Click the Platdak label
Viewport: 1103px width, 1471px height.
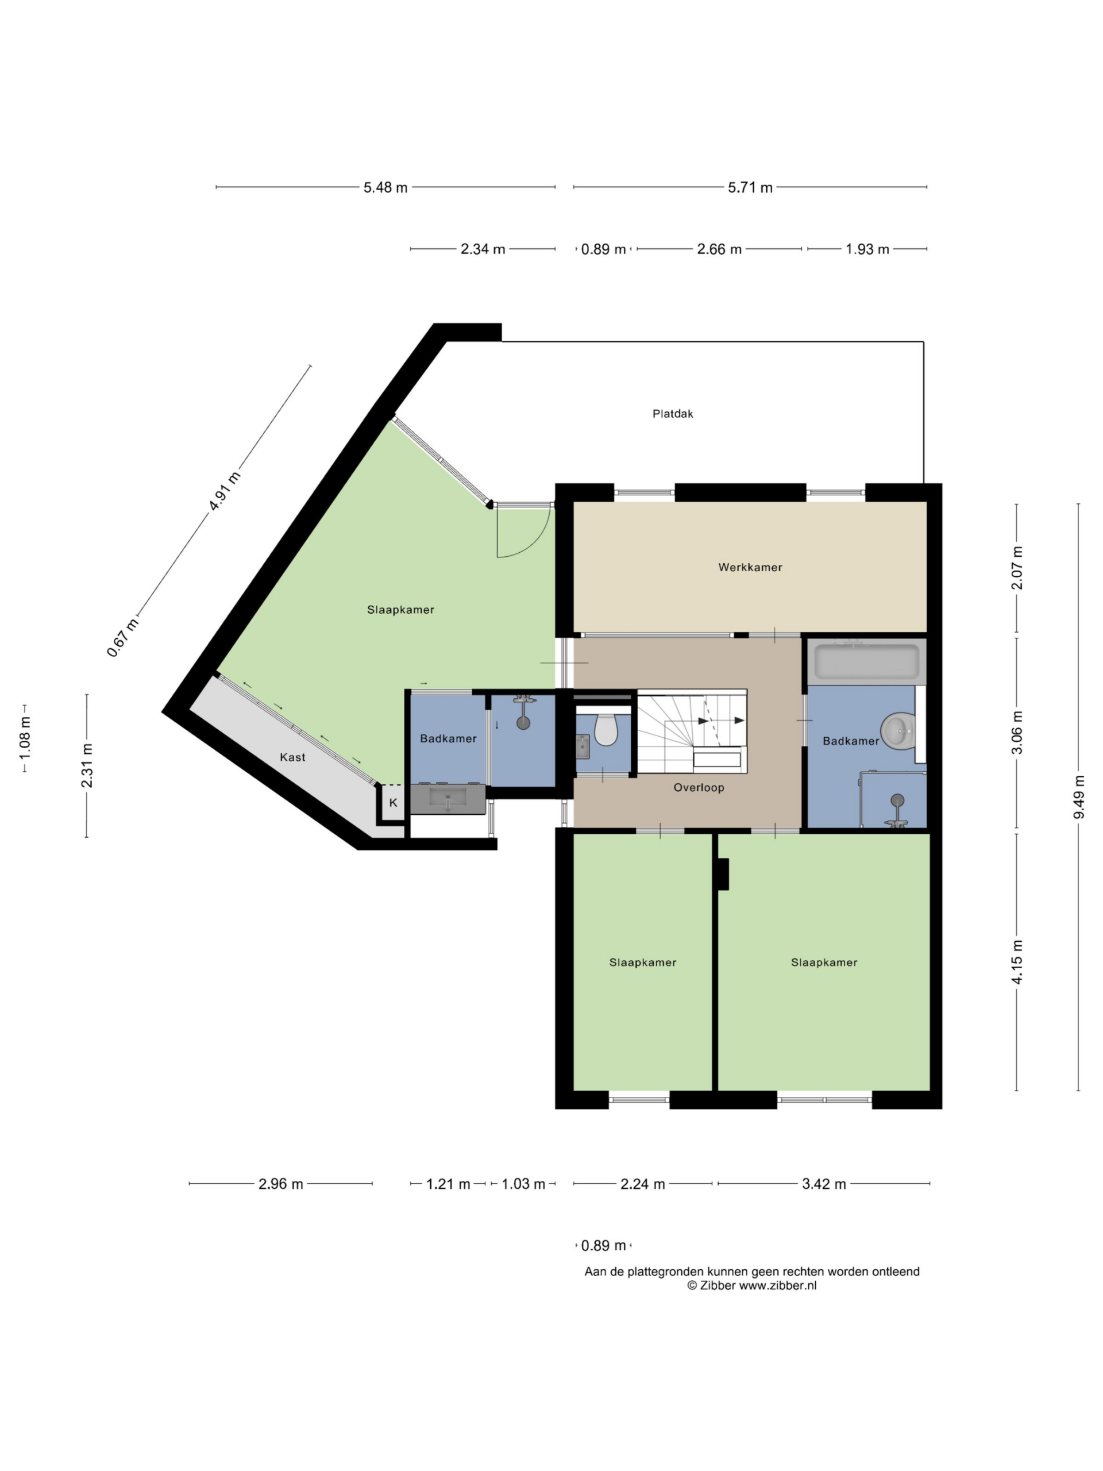pyautogui.click(x=672, y=414)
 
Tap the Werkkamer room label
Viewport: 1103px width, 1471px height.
pyautogui.click(x=750, y=567)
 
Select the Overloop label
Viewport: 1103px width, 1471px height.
pyautogui.click(x=698, y=787)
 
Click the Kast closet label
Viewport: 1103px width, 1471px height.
pyautogui.click(x=292, y=757)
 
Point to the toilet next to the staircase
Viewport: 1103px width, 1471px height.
pyautogui.click(x=606, y=729)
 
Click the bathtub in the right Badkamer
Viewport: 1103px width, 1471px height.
pyautogui.click(x=867, y=662)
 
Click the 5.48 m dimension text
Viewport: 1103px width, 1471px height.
pyautogui.click(x=385, y=187)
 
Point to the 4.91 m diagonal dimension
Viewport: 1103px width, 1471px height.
pyautogui.click(x=224, y=491)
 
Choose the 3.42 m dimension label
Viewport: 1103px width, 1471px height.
pyautogui.click(x=824, y=1184)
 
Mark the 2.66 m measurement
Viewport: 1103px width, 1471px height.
pyautogui.click(x=719, y=249)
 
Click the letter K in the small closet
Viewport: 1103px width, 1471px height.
pyautogui.click(x=393, y=803)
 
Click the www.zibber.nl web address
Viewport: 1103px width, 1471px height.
pyautogui.click(x=778, y=1285)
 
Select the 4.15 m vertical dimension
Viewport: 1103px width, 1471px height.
pyautogui.click(x=1017, y=962)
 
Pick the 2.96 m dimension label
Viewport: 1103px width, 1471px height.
pyautogui.click(x=280, y=1184)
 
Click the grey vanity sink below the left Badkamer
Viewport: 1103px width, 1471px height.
pyautogui.click(x=448, y=799)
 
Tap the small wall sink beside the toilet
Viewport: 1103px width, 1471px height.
pyautogui.click(x=583, y=747)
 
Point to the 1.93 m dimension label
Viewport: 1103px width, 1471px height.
pyautogui.click(x=867, y=249)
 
